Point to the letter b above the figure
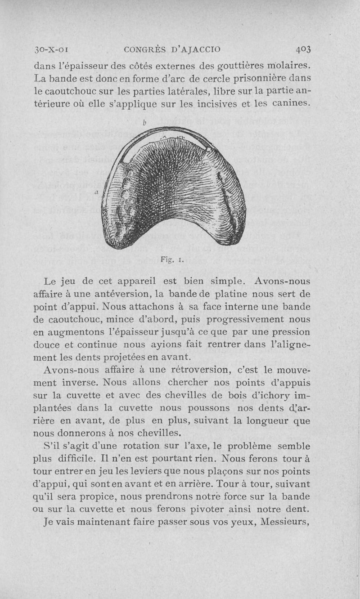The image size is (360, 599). (x=144, y=122)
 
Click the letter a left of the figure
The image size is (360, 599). (x=96, y=192)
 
